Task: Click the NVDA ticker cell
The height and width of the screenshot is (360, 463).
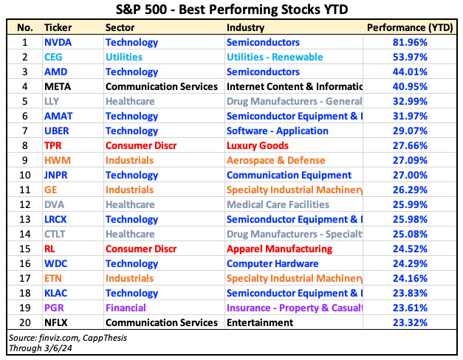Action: [x=58, y=43]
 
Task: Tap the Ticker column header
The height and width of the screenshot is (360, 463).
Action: [x=58, y=27]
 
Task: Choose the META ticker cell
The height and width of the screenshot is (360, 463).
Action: [x=58, y=87]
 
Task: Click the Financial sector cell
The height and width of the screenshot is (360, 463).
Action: [x=126, y=308]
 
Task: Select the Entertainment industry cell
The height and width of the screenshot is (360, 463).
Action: [x=260, y=322]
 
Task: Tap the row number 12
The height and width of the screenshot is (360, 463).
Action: [x=25, y=204]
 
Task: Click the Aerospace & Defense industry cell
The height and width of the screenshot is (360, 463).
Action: [x=276, y=161]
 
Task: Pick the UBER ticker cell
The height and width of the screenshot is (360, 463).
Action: [x=58, y=131]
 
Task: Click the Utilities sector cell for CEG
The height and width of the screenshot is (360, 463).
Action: [x=124, y=58]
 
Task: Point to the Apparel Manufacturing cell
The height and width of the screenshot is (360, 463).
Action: [x=279, y=249]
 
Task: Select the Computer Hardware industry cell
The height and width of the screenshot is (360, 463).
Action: [x=272, y=263]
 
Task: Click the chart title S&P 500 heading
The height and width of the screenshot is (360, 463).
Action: [x=231, y=10]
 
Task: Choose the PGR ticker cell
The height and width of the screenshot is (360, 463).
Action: [x=56, y=308]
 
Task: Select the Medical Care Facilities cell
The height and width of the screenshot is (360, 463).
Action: [x=277, y=204]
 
